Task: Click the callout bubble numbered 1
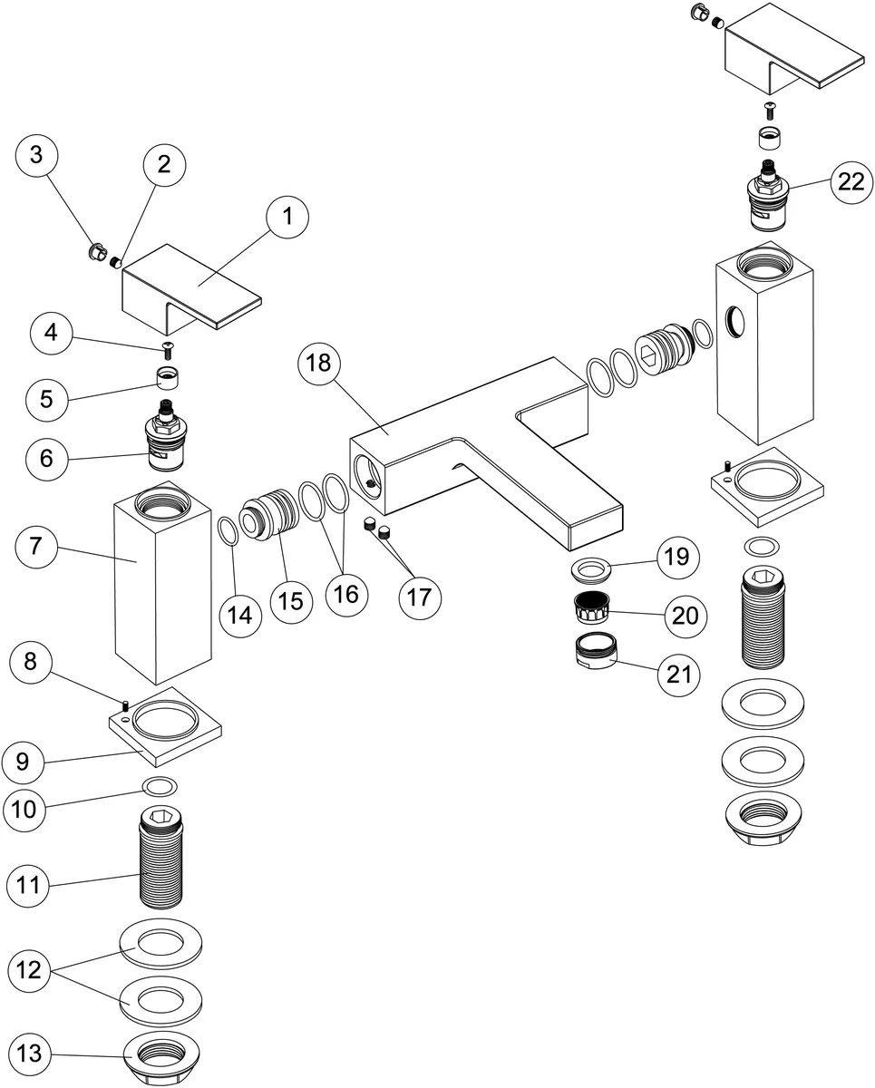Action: click(x=287, y=217)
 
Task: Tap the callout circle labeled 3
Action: click(x=36, y=154)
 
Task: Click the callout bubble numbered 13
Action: click(x=30, y=1054)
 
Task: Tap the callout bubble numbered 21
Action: click(x=679, y=674)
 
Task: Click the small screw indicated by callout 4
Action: click(x=167, y=347)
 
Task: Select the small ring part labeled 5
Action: click(x=166, y=377)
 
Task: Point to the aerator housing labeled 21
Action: click(x=594, y=651)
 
